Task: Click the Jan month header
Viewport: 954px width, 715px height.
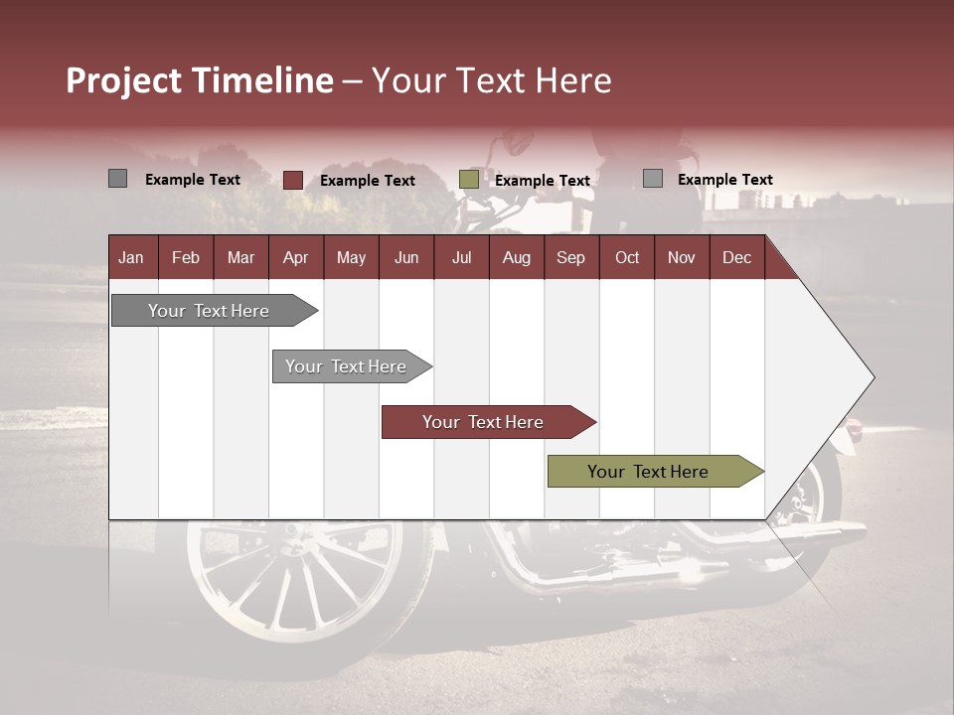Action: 131,257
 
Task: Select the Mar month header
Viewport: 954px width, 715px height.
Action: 240,257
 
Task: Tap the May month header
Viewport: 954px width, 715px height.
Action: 351,257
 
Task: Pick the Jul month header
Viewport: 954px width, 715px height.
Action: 461,257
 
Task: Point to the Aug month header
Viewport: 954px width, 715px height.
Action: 516,257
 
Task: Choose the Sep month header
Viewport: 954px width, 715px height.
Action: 570,257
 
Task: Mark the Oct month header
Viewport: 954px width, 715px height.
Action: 627,257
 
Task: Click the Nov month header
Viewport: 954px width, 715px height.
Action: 682,257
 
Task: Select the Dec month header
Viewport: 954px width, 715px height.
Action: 736,257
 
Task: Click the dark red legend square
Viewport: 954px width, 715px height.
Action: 293,180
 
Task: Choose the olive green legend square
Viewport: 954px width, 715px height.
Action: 469,180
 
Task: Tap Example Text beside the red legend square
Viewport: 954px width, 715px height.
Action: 368,181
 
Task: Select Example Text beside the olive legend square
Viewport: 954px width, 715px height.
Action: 543,181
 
